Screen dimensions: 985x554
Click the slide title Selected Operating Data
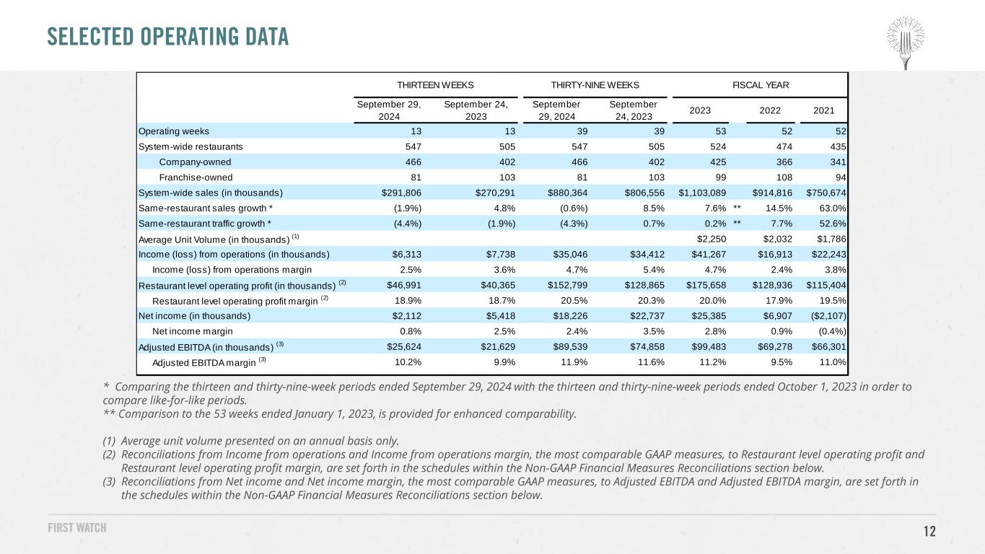point(168,37)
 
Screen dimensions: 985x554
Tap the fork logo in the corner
point(906,43)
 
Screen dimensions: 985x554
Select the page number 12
point(929,531)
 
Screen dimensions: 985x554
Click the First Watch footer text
point(77,527)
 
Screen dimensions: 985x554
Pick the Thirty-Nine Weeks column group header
point(595,85)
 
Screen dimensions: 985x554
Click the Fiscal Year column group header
point(761,85)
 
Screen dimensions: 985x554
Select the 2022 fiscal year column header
point(770,110)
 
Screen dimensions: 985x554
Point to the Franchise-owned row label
point(196,177)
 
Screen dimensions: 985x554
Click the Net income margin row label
point(192,331)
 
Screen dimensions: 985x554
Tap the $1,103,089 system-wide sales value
point(702,193)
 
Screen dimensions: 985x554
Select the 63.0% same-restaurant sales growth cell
point(833,208)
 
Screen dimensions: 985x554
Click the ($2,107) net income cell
point(828,316)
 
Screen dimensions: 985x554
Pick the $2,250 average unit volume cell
point(712,239)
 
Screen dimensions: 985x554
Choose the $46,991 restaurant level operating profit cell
point(404,285)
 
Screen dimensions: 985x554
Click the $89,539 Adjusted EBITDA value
point(570,346)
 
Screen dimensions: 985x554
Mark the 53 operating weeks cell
point(721,131)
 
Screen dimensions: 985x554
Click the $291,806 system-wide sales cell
point(401,193)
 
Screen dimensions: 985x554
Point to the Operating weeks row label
point(174,131)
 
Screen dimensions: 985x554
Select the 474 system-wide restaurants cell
point(784,146)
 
